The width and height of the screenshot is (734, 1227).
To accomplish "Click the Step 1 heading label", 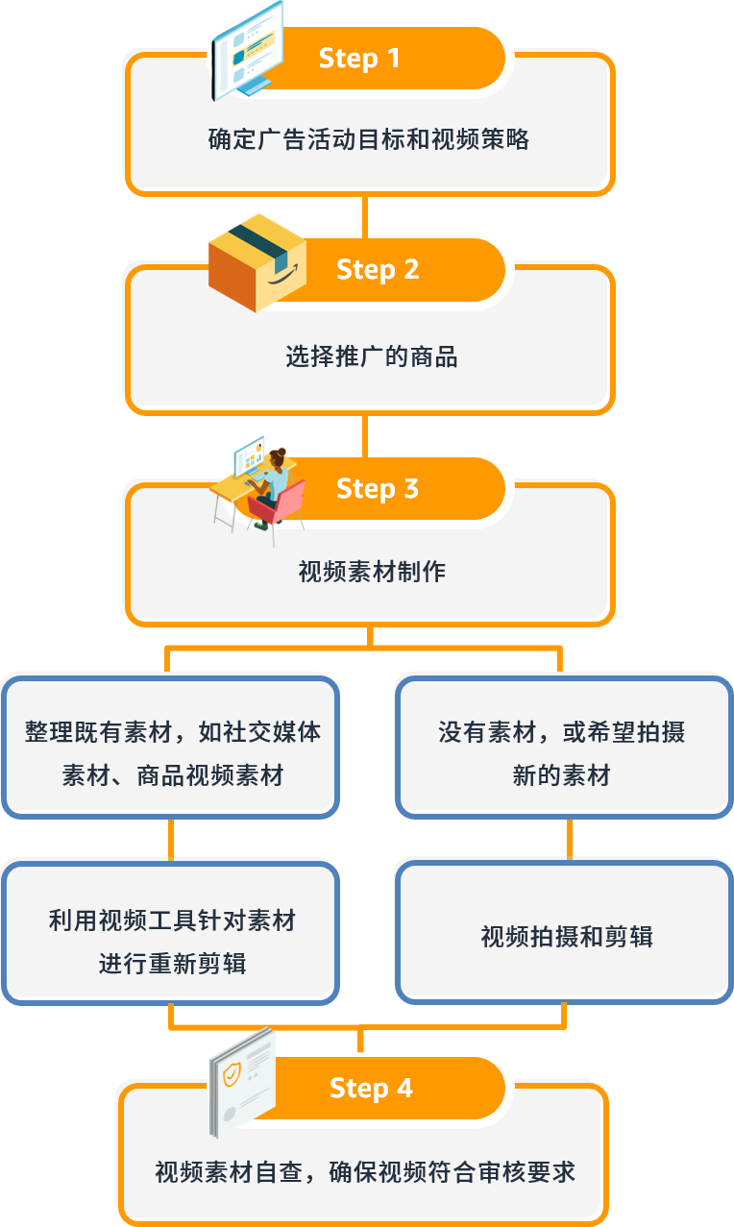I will point(358,59).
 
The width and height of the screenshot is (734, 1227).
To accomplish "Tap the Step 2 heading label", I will point(378,269).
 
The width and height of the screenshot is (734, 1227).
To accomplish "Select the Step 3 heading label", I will point(378,489).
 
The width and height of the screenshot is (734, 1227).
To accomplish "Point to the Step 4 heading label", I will point(371,1088).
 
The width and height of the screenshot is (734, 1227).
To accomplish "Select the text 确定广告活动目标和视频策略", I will point(369,140).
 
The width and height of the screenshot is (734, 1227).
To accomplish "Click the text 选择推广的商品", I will point(371,357).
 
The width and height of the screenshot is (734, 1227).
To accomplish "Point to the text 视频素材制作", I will point(371,573).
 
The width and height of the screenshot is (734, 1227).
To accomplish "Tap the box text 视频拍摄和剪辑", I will point(566,937).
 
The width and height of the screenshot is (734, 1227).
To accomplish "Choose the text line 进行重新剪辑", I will point(172,964).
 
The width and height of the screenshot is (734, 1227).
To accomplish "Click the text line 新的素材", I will point(561,775).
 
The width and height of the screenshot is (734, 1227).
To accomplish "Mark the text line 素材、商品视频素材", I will point(172,775).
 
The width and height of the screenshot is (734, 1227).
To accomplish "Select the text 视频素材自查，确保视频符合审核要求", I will point(365,1173).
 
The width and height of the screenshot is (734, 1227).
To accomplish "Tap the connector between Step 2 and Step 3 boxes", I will point(366,433).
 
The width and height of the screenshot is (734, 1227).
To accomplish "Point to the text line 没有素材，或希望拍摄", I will point(561,733).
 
